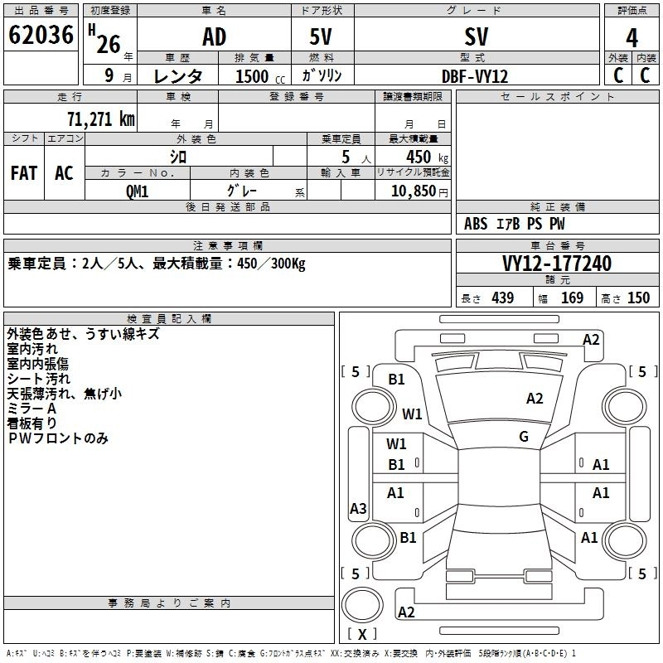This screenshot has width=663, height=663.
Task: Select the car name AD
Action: coord(214,36)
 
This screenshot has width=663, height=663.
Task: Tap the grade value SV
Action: coord(477,36)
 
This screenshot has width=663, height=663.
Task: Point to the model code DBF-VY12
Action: coord(475,75)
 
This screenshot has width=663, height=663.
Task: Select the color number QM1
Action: coord(137,190)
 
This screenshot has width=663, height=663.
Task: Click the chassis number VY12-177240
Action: coord(557,264)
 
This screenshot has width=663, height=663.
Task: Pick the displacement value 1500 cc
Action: coord(253,76)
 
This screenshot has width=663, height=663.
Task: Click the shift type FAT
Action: coord(23,172)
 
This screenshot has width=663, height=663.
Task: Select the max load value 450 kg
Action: coord(419,157)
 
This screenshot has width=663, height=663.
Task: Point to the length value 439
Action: coord(502,298)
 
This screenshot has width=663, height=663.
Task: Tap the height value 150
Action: coord(638,298)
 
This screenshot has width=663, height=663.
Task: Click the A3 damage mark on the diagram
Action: coord(358,509)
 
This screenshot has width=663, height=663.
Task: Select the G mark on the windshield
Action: coord(524,437)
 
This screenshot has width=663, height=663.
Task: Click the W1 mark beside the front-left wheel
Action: coord(412,414)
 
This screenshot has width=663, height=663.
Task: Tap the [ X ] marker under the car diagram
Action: coord(361,634)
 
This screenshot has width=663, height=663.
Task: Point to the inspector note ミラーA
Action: coord(31,409)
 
